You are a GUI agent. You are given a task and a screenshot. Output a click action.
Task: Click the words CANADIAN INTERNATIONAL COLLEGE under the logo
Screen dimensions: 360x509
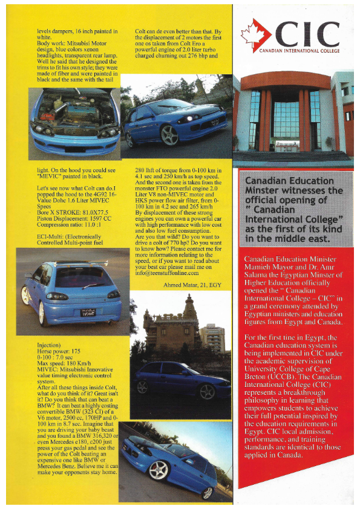pyautogui.click(x=295, y=51)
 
